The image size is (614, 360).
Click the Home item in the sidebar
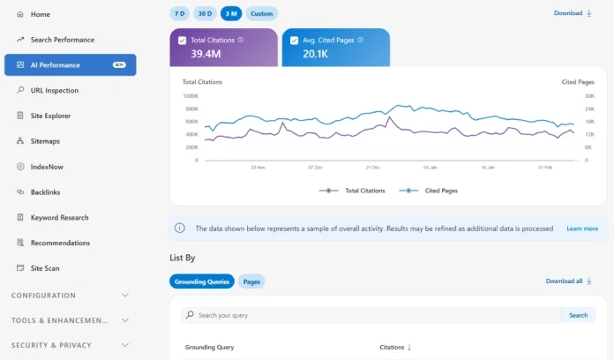(x=40, y=14)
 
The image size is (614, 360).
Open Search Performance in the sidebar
(x=62, y=40)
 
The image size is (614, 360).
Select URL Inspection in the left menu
(x=54, y=90)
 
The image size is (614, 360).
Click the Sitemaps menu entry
(x=45, y=141)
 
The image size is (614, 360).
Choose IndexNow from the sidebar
(x=47, y=167)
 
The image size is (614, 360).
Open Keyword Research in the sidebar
(x=59, y=217)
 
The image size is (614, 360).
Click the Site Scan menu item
(x=45, y=268)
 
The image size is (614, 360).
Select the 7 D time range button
(x=179, y=13)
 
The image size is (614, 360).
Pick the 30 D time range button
(x=205, y=13)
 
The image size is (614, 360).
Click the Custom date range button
(x=261, y=13)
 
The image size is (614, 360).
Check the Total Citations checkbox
(x=182, y=41)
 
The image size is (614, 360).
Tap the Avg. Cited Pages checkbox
(x=294, y=41)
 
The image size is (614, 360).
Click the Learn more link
(x=582, y=229)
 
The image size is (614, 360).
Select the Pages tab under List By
(x=251, y=281)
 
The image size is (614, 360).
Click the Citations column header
(x=395, y=348)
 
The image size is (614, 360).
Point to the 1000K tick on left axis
(x=191, y=96)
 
